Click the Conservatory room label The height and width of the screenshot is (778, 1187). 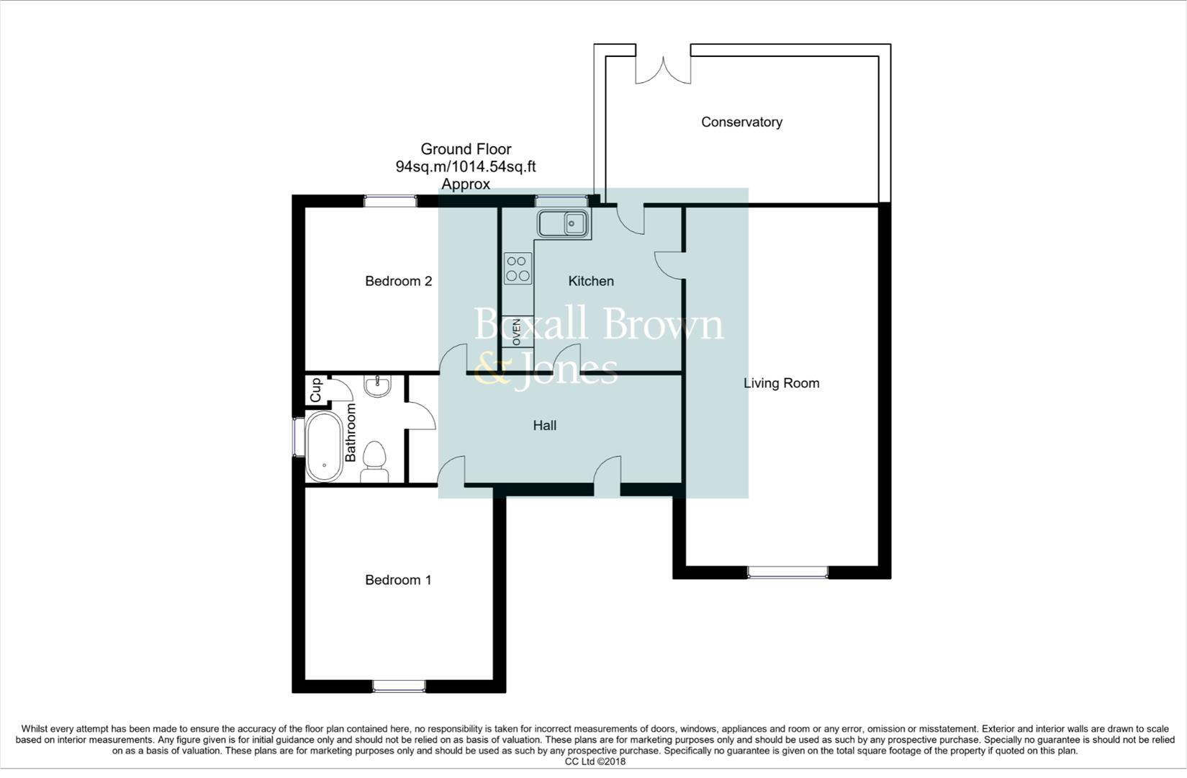click(x=741, y=122)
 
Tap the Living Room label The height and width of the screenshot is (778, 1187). click(x=781, y=383)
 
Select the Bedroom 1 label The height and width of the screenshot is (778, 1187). click(x=398, y=580)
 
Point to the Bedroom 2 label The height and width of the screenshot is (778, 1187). click(x=398, y=281)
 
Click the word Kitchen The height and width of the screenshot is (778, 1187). click(x=591, y=281)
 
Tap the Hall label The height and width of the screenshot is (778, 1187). click(x=544, y=426)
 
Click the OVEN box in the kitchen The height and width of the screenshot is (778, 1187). click(x=517, y=332)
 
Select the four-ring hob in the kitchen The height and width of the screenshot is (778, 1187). click(x=518, y=268)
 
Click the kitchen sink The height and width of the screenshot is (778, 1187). click(x=564, y=224)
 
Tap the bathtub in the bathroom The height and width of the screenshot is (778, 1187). click(x=324, y=447)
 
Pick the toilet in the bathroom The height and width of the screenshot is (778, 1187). click(x=374, y=462)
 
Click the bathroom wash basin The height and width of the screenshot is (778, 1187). click(x=377, y=387)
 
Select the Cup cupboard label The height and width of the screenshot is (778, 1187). click(x=315, y=391)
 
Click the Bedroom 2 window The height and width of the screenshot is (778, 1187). click(x=390, y=202)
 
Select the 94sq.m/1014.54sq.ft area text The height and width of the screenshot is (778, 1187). click(x=466, y=167)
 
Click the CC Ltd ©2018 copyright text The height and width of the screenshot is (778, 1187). click(x=595, y=761)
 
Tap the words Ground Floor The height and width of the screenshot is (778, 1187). click(x=466, y=149)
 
